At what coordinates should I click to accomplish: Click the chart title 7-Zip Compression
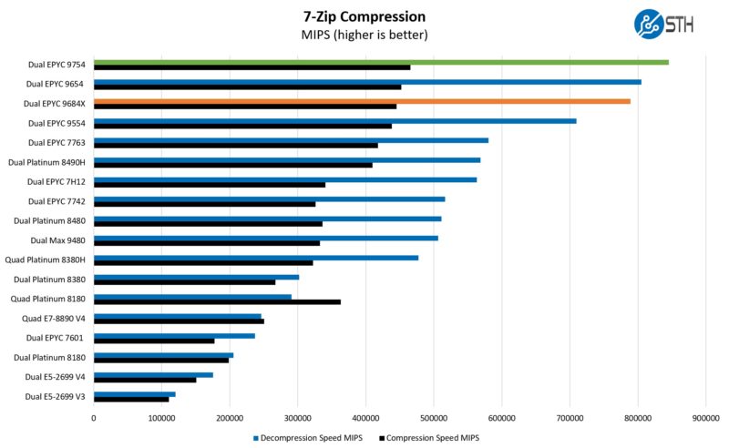click(x=364, y=15)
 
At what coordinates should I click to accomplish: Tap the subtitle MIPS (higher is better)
click(x=364, y=35)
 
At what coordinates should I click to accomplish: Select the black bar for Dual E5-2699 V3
click(x=131, y=399)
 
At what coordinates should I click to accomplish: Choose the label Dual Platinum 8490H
click(x=46, y=162)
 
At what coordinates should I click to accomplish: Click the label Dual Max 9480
click(x=58, y=240)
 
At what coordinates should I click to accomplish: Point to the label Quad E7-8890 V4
click(x=54, y=319)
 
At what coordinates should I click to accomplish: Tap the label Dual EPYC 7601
click(x=57, y=338)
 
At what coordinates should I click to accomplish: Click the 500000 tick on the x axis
click(x=434, y=417)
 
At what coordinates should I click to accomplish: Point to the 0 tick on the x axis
click(x=94, y=417)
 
